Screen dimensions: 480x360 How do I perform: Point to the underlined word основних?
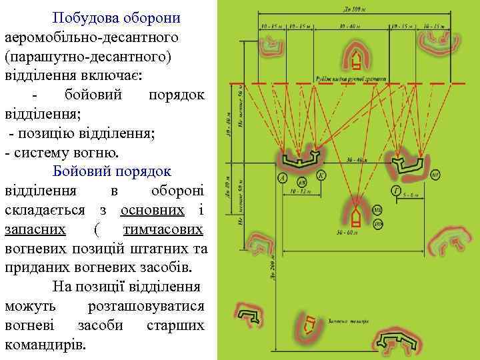(x=152, y=210)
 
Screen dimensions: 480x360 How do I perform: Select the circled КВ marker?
(x=301, y=182)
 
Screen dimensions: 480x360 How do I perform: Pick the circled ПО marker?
(x=377, y=223)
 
